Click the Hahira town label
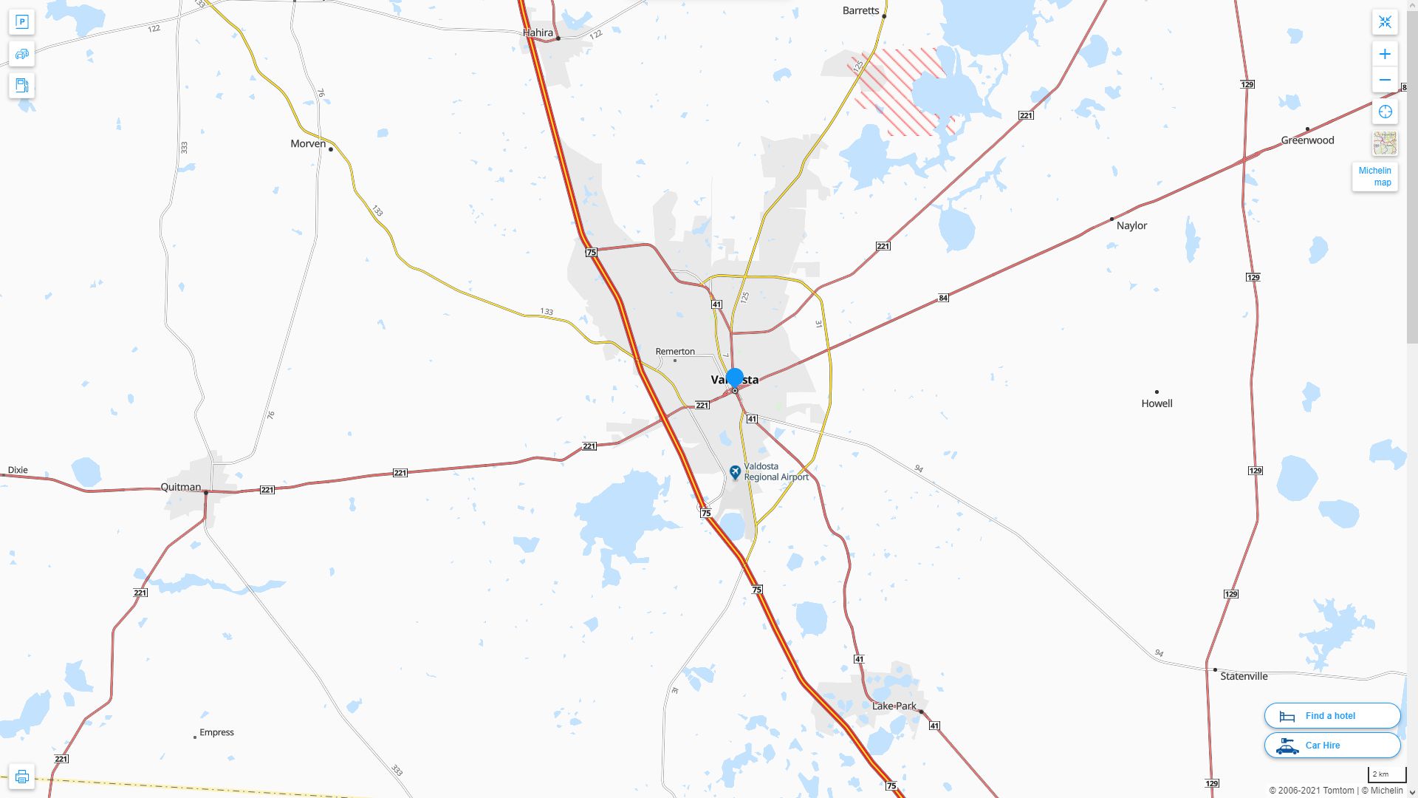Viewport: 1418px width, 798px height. pyautogui.click(x=538, y=33)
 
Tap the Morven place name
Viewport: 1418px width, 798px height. pyautogui.click(x=308, y=144)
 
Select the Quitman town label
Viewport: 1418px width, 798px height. pyautogui.click(x=181, y=487)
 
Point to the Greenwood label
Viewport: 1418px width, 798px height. pyautogui.click(x=1307, y=140)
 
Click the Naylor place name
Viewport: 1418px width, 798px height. pyautogui.click(x=1131, y=226)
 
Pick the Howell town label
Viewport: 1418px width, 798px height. pyautogui.click(x=1157, y=403)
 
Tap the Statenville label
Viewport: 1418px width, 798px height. pyautogui.click(x=1244, y=676)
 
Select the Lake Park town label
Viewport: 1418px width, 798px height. pyautogui.click(x=894, y=706)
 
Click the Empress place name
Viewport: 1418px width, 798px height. pyautogui.click(x=216, y=733)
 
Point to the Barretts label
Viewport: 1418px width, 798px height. pyautogui.click(x=860, y=11)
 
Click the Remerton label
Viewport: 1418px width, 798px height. pyautogui.click(x=675, y=352)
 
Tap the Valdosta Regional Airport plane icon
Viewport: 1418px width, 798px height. pyautogui.click(x=735, y=471)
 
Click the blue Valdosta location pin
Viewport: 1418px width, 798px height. pyautogui.click(x=734, y=378)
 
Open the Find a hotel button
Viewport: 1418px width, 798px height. pyautogui.click(x=1332, y=716)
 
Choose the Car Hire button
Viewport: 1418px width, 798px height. pyautogui.click(x=1332, y=746)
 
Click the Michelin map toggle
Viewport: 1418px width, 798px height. pyautogui.click(x=1374, y=177)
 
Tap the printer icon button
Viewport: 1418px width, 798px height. pyautogui.click(x=21, y=777)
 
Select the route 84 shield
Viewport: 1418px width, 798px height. pyautogui.click(x=943, y=299)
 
